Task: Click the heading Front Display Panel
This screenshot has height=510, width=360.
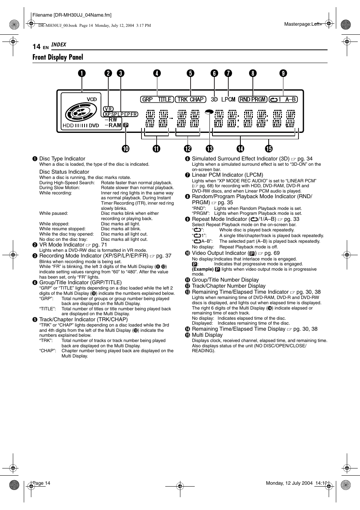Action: point(58,57)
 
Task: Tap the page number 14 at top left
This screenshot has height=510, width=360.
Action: point(36,46)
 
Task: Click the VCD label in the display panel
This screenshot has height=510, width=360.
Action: point(92,99)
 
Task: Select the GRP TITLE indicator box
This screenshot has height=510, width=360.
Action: point(157,99)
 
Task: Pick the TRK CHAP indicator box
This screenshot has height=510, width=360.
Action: point(191,99)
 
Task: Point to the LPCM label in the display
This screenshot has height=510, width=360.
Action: point(228,99)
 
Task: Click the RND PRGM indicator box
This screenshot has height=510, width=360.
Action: point(253,99)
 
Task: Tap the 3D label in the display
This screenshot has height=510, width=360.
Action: point(214,99)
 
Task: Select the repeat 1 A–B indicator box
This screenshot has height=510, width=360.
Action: point(283,99)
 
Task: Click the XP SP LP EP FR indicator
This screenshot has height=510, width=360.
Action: point(121,114)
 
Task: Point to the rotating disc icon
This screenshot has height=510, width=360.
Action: point(78,112)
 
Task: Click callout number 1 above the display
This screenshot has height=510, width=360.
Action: point(82,73)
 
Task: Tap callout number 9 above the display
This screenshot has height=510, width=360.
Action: point(283,73)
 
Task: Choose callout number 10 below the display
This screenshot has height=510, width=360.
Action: point(126,149)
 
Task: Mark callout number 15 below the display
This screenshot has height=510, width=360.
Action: point(269,149)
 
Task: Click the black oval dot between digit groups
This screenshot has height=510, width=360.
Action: point(209,112)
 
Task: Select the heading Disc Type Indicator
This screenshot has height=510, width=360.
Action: point(62,159)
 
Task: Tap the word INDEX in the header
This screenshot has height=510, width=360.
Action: point(59,45)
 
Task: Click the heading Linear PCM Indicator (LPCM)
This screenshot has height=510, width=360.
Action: point(228,175)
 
